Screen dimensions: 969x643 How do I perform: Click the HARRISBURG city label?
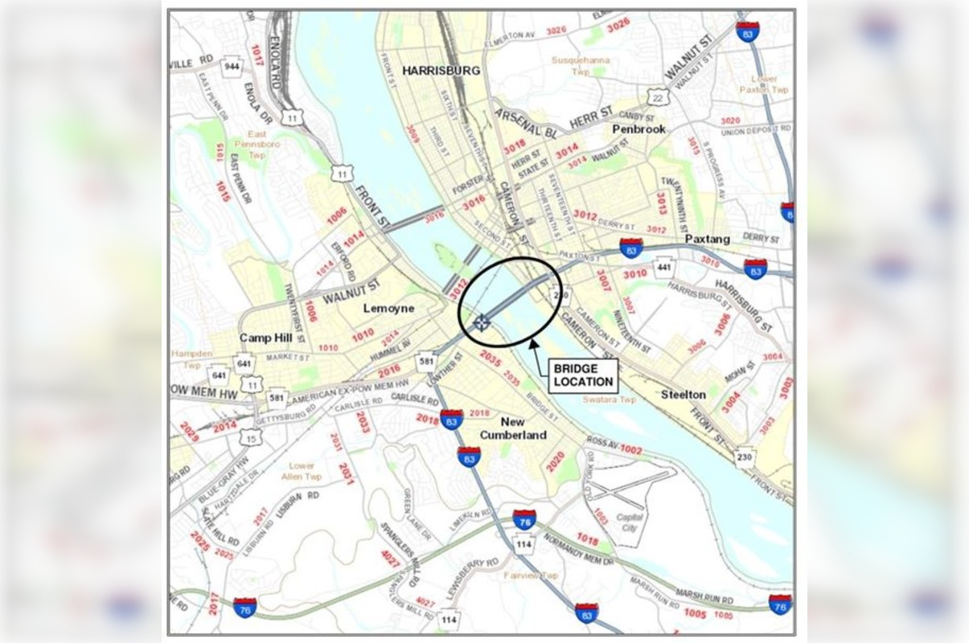[441, 70]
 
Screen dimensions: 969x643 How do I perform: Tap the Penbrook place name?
[639, 129]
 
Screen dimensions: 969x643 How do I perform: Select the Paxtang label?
[707, 239]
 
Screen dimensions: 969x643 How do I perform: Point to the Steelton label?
[684, 395]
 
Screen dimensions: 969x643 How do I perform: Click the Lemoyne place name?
[388, 308]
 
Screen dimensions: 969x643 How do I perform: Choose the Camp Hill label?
[265, 338]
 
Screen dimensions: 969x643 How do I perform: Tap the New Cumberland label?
[513, 428]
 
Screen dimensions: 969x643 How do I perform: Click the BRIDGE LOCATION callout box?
[584, 375]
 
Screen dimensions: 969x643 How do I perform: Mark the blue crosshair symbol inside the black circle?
[481, 323]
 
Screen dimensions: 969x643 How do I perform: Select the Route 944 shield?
[232, 66]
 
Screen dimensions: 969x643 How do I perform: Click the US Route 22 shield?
[658, 97]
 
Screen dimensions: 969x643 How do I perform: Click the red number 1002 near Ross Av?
[631, 451]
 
